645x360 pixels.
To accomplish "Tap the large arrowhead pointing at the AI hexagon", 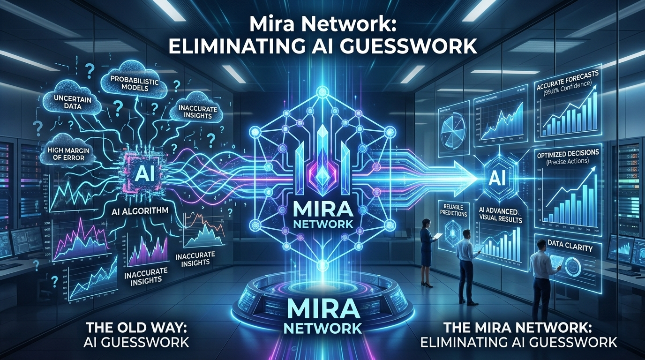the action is click(x=469, y=177).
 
